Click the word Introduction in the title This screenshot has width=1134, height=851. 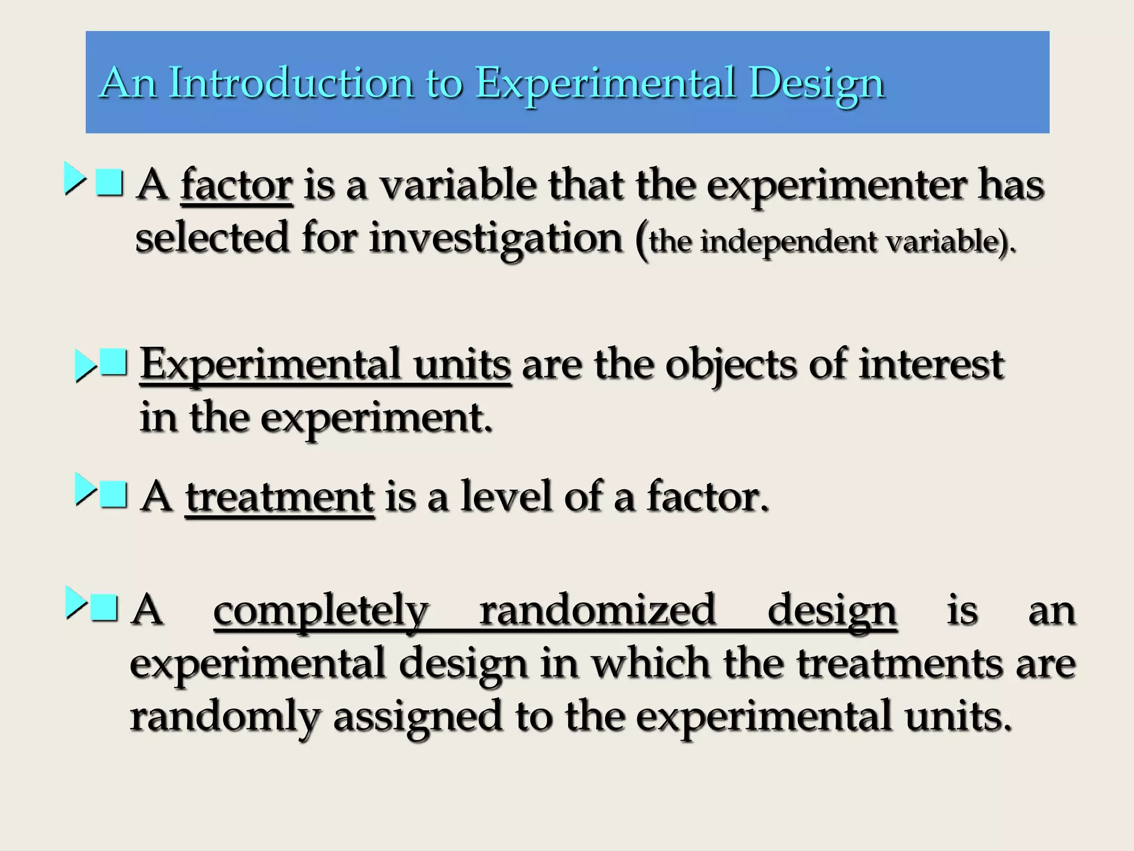tap(291, 83)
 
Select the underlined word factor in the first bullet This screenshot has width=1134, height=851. tap(236, 186)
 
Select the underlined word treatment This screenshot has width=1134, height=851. tap(280, 497)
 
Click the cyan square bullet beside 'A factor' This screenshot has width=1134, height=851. tap(109, 182)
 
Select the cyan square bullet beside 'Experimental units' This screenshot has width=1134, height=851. tap(114, 363)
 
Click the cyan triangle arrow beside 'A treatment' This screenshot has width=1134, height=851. tap(85, 489)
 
